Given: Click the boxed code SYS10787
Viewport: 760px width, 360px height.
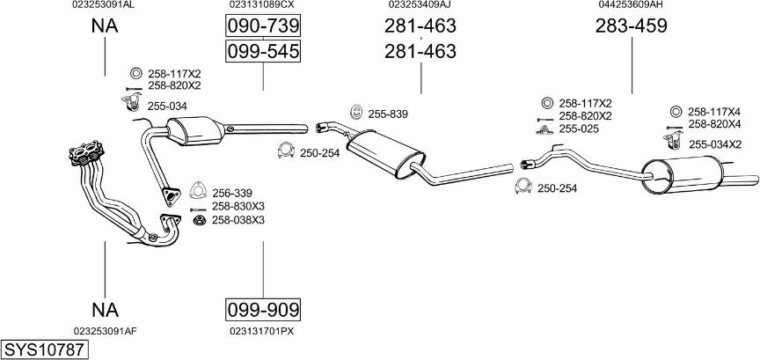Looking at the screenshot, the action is pyautogui.click(x=45, y=349).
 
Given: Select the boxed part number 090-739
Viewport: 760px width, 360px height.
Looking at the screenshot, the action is pyautogui.click(x=263, y=26).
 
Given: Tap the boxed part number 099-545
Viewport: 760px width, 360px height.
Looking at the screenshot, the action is pyautogui.click(x=263, y=51).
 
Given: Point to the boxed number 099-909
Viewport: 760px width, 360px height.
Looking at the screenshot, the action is pyautogui.click(x=263, y=309).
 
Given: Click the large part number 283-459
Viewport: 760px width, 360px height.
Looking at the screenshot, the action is pyautogui.click(x=631, y=26).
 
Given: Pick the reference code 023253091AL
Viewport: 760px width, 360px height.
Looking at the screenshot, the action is pyautogui.click(x=104, y=4).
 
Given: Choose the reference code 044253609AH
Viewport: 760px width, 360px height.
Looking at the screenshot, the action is pyautogui.click(x=631, y=4).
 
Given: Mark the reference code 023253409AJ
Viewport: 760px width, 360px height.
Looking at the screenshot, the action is pyautogui.click(x=420, y=4).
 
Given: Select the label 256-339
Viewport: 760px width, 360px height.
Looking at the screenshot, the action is pyautogui.click(x=231, y=193).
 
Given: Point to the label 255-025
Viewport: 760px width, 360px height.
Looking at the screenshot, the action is pyautogui.click(x=579, y=129).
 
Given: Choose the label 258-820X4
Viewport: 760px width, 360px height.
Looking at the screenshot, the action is pyautogui.click(x=715, y=124).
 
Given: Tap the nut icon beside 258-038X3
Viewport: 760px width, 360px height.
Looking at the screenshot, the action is pyautogui.click(x=199, y=221).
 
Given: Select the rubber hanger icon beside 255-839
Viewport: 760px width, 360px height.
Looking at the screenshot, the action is pyautogui.click(x=355, y=112).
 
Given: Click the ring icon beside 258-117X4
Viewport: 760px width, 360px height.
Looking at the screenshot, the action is pyautogui.click(x=674, y=112).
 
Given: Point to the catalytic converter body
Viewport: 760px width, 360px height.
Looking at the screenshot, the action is pyautogui.click(x=196, y=130).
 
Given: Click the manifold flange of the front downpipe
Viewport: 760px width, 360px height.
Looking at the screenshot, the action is pyautogui.click(x=87, y=150).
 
